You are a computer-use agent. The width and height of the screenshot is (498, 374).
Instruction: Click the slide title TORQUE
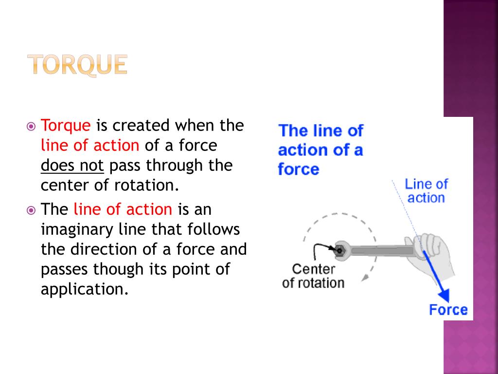click(77, 65)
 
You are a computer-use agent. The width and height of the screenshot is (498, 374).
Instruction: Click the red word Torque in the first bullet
click(66, 126)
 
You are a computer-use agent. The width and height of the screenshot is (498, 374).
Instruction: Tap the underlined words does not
click(72, 166)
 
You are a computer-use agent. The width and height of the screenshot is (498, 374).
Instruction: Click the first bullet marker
click(31, 127)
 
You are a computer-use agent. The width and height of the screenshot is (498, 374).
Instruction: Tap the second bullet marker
click(31, 210)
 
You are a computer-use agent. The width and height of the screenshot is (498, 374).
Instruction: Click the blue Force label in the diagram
click(448, 310)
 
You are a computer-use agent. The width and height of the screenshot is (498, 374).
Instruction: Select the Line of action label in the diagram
click(426, 191)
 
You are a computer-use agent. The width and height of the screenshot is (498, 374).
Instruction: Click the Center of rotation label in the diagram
click(313, 276)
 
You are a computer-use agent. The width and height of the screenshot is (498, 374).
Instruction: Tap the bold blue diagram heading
click(320, 150)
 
